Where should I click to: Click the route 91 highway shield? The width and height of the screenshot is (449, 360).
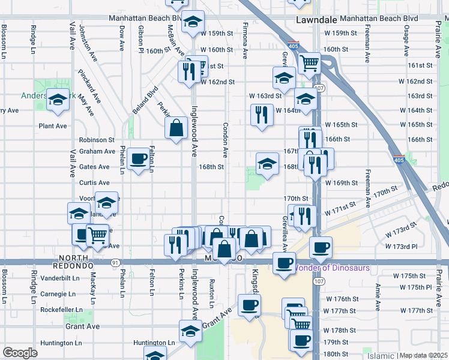tap(115, 262)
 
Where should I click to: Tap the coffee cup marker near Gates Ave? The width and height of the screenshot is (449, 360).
tap(139, 159)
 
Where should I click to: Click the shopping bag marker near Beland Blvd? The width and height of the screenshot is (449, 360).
tap(176, 127)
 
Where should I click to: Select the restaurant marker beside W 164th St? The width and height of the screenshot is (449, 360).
tap(261, 114)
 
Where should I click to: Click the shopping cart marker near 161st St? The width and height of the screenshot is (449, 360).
tap(310, 62)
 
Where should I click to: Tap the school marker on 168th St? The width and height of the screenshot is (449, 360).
tap(267, 163)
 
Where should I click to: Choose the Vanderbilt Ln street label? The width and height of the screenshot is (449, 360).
tap(60, 278)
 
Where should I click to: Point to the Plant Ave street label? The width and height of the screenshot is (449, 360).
tap(53, 126)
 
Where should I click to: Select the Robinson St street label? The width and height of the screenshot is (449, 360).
tap(96, 139)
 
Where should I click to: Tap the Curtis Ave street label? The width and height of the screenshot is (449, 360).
tap(94, 182)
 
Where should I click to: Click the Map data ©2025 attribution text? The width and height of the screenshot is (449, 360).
tap(424, 355)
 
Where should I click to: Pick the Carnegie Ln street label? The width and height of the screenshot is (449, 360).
tap(58, 294)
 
